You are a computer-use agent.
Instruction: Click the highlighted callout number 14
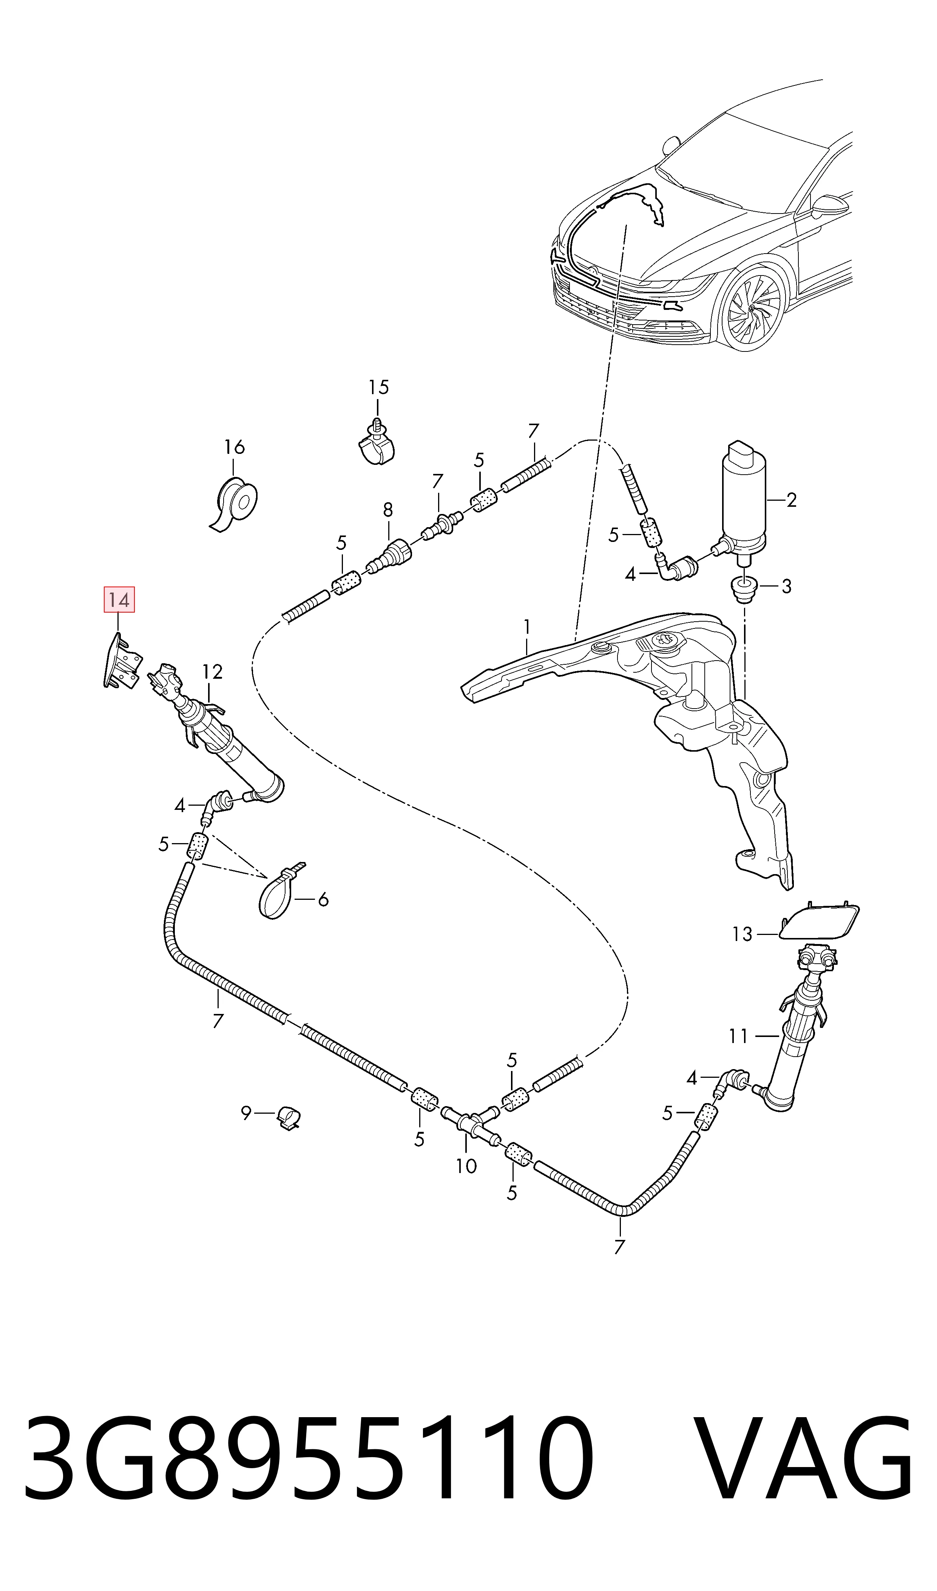tap(119, 600)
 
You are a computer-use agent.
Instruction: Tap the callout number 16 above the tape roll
tap(234, 447)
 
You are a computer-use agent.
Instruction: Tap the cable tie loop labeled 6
tap(278, 893)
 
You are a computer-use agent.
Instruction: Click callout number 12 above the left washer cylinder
tap(213, 672)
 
